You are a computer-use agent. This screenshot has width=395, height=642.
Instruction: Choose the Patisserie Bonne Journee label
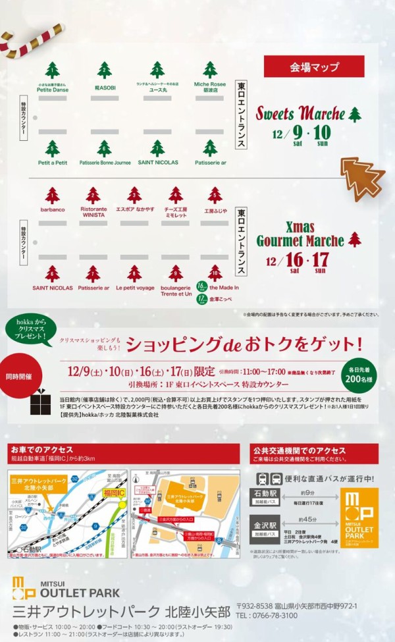pyautogui.click(x=105, y=162)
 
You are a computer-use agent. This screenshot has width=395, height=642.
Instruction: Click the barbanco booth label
pyautogui.click(x=53, y=209)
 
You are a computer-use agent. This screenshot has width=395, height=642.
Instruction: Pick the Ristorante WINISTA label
pyautogui.click(x=93, y=211)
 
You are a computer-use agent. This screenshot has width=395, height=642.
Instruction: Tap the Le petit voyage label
pyautogui.click(x=135, y=288)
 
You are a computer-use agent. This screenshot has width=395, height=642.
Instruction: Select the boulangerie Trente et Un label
pyautogui.click(x=176, y=290)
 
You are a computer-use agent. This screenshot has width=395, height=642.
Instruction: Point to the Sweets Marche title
pyautogui.click(x=301, y=113)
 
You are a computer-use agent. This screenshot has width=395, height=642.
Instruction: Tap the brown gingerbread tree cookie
pyautogui.click(x=361, y=175)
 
